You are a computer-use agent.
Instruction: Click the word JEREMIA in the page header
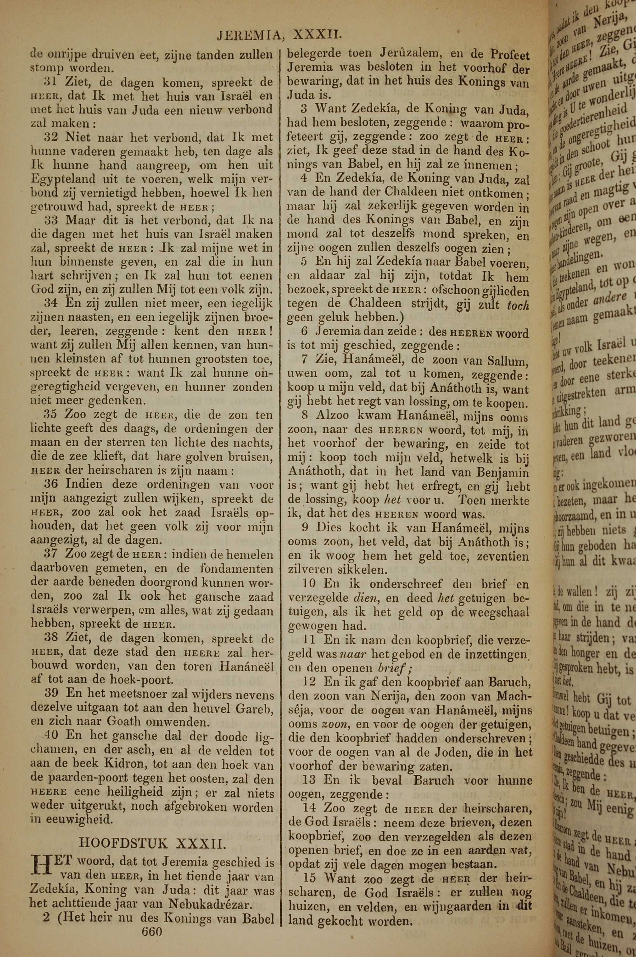coord(248,36)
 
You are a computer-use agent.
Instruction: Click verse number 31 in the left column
coord(50,82)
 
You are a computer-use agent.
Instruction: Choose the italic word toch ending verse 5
coord(518,305)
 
